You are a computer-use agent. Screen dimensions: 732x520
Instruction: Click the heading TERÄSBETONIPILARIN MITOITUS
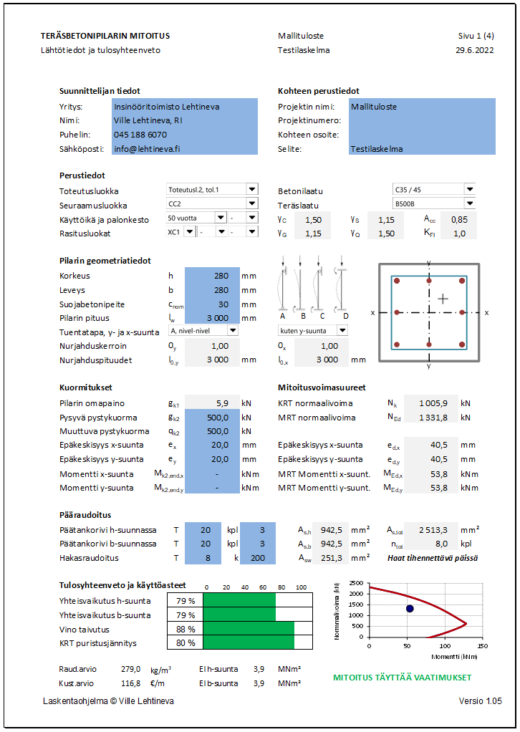105,36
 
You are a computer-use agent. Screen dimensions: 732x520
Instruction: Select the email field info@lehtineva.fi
147,149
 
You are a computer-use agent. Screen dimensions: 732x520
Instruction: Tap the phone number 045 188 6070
140,135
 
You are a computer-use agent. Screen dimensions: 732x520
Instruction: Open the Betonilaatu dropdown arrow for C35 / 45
469,190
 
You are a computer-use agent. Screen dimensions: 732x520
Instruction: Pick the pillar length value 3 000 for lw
213,318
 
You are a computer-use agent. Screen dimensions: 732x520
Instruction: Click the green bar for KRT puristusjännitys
248,643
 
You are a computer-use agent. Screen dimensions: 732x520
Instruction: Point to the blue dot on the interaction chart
410,609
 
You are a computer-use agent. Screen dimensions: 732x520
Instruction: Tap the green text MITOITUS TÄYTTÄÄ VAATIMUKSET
403,678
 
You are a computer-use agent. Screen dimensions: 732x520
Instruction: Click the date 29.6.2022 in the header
474,50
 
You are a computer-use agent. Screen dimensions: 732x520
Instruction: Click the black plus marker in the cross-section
445,298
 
